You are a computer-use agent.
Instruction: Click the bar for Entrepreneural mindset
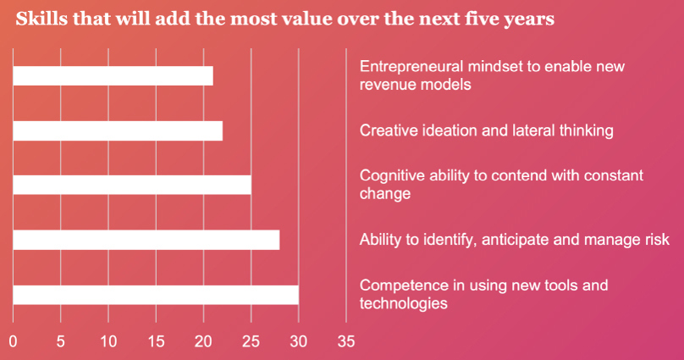[113, 76]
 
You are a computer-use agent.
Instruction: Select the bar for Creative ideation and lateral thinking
[118, 130]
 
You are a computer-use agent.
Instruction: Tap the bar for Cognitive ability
[132, 185]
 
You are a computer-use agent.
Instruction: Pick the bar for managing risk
[146, 240]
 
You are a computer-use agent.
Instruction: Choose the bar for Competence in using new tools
[156, 295]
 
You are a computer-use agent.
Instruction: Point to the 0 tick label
[13, 342]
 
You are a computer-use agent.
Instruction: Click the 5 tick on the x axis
[60, 342]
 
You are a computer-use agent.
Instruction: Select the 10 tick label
[108, 342]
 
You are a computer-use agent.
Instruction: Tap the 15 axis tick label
[155, 342]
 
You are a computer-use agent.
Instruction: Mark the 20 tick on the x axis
[203, 342]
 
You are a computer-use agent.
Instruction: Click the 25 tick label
[251, 342]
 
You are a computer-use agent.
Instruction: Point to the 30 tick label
[298, 342]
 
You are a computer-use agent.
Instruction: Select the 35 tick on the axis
[345, 342]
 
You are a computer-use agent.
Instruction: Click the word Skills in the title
[38, 19]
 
